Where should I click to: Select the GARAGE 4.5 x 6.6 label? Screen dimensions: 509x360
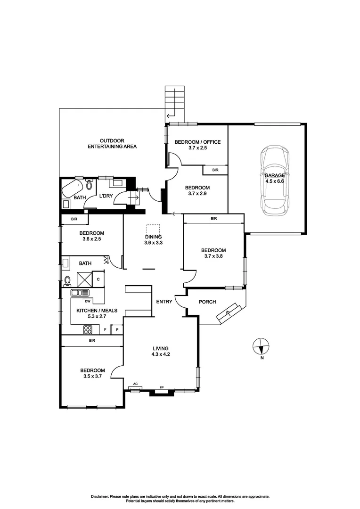click(x=275, y=178)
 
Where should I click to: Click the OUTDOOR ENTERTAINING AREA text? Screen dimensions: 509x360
click(x=112, y=144)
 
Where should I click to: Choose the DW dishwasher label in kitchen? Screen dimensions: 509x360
click(x=88, y=301)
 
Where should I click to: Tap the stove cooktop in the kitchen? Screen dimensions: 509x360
click(x=88, y=329)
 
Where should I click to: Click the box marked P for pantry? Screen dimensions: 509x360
click(x=117, y=330)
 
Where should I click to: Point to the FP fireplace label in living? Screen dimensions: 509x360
click(x=162, y=387)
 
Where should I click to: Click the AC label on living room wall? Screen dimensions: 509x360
click(x=136, y=384)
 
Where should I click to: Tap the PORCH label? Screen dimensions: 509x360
click(x=207, y=302)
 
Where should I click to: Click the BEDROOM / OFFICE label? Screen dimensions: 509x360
click(x=197, y=142)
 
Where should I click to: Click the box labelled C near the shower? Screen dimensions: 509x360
click(x=98, y=279)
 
